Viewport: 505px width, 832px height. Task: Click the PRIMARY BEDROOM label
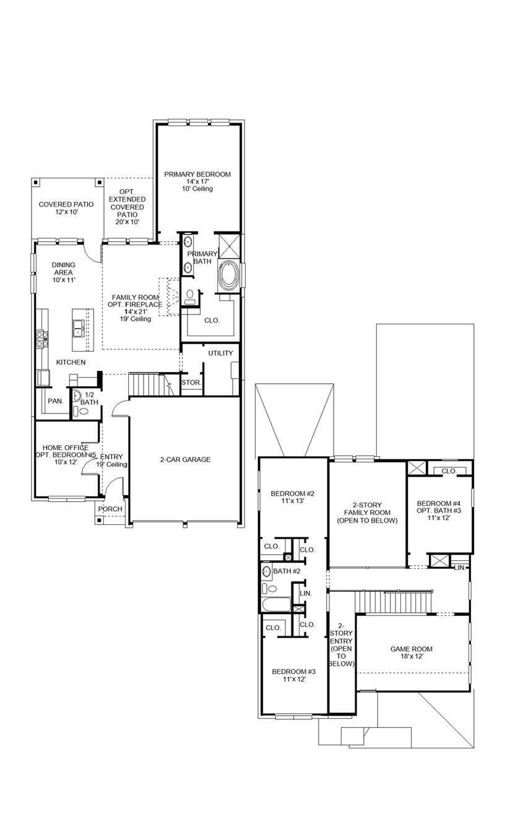coord(197,175)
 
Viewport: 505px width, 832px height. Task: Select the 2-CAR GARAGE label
coord(185,459)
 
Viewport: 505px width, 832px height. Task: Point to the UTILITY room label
coord(220,353)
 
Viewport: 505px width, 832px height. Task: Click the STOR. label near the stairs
coord(191,383)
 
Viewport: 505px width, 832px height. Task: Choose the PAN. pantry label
coord(56,401)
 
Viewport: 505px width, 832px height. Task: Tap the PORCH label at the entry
coord(111,509)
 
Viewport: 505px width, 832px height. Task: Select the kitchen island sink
coord(79,325)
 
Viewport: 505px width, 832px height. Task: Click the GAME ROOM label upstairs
coord(411,649)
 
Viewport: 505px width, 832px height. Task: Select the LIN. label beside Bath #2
coord(305,593)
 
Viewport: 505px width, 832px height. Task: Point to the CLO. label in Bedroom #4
coord(449,471)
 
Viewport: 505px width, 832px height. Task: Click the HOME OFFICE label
coord(65,448)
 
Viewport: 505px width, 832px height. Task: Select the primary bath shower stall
coord(228,245)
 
